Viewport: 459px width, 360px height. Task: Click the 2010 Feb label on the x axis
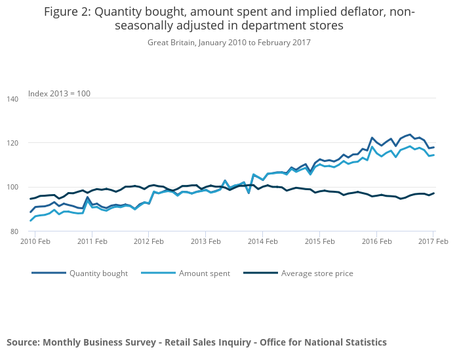35,242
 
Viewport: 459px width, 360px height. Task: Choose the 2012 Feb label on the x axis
149,242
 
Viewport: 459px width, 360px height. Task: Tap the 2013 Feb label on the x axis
205,242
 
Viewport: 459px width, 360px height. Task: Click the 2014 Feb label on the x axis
262,242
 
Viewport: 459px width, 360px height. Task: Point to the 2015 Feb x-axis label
319,242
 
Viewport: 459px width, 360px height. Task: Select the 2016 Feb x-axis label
376,242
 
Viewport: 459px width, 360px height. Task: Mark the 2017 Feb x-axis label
433,242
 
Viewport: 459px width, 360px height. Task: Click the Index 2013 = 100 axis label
59,94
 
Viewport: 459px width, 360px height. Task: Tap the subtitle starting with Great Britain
229,43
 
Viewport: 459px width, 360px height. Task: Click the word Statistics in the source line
364,342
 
